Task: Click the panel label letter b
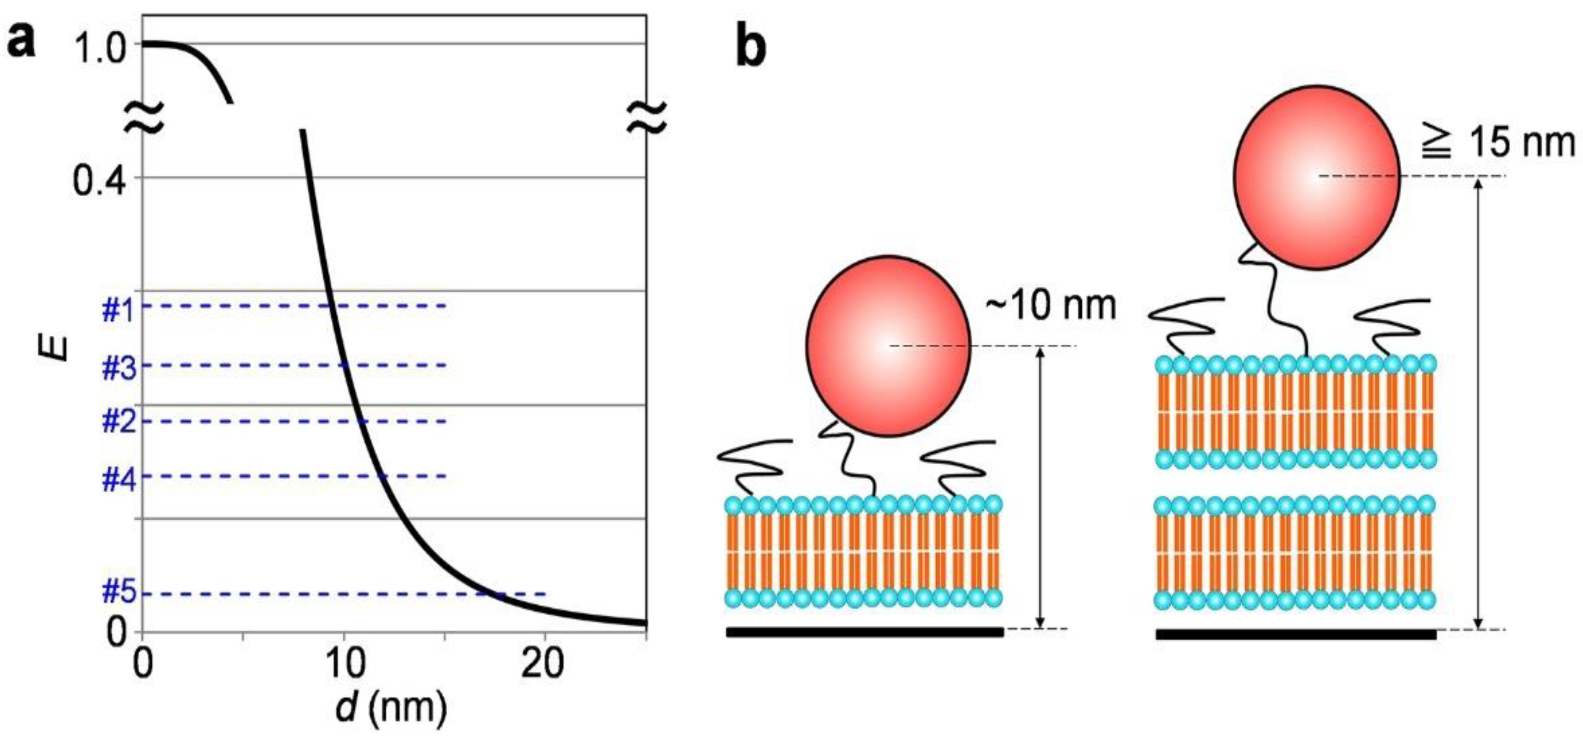pos(751,49)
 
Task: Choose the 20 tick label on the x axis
pos(543,664)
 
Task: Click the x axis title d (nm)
pos(391,707)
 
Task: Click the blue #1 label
pos(118,311)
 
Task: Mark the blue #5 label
pos(119,593)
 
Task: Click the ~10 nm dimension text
pos(1051,305)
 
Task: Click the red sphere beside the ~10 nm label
pos(888,346)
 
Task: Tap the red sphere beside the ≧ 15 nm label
pos(1316,177)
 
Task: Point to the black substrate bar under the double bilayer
pos(1295,634)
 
